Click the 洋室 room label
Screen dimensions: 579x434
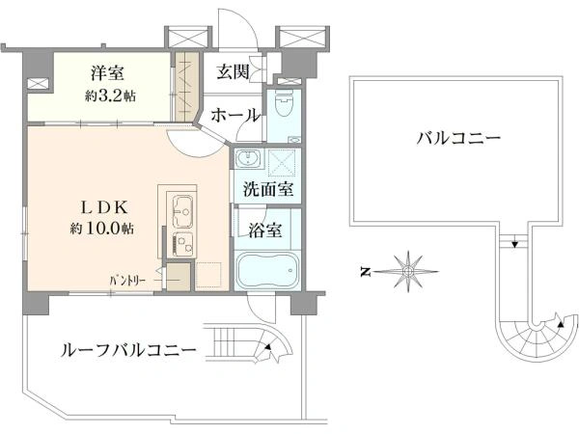coord(108,73)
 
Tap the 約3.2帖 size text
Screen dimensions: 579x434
coord(110,95)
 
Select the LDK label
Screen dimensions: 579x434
coord(104,207)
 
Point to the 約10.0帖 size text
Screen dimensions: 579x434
coord(102,229)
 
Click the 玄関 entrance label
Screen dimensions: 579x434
coord(233,71)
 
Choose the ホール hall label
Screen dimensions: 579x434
coord(235,116)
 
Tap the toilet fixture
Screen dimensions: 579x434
coord(284,103)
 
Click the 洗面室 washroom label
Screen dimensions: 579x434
coord(268,189)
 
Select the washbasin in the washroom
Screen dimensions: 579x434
coord(248,159)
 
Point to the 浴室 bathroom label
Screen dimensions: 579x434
coord(265,231)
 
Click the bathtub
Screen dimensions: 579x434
coord(267,270)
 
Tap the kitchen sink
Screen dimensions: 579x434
coord(182,212)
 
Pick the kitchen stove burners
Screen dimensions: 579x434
coord(182,244)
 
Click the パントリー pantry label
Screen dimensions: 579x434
coord(127,281)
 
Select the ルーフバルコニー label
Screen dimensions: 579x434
coord(128,349)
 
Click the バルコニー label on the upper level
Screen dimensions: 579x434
coord(458,138)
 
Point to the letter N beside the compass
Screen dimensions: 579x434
coord(366,272)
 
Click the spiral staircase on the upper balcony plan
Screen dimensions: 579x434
coord(537,337)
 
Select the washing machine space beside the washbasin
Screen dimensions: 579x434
coord(283,161)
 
